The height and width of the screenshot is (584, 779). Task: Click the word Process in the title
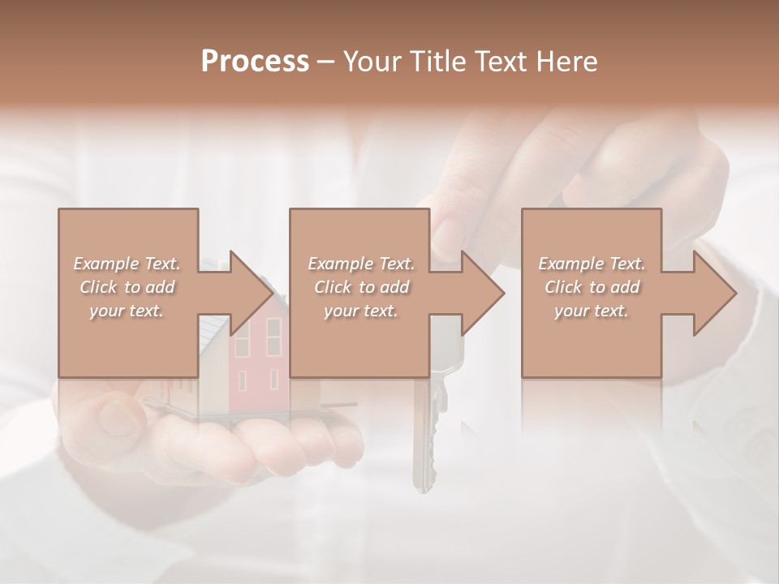click(255, 62)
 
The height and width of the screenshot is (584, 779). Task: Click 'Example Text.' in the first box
click(127, 264)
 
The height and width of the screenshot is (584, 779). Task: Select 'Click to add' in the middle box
click(362, 287)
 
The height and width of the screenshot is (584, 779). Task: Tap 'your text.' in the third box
click(592, 311)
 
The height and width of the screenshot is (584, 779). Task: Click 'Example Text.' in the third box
click(592, 264)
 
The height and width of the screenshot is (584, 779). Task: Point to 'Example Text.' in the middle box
click(362, 264)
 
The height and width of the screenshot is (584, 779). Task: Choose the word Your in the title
click(372, 62)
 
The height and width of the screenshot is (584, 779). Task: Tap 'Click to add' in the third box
click(592, 287)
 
